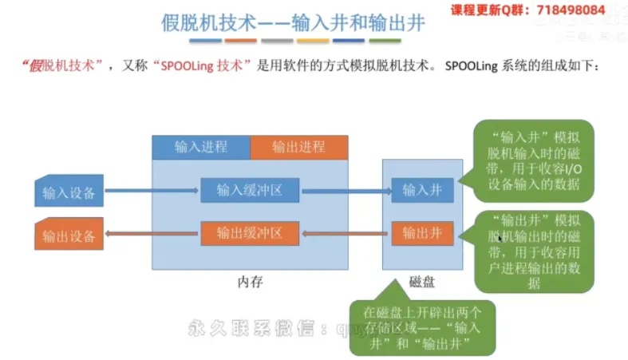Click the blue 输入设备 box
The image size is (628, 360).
click(x=69, y=192)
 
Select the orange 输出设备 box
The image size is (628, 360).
click(x=69, y=235)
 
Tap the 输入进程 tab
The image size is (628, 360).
click(x=201, y=147)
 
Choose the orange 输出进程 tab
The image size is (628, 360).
click(x=298, y=147)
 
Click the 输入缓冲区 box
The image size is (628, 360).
click(x=250, y=190)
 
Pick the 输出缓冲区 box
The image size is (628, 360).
click(x=250, y=233)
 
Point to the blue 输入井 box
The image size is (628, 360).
click(x=422, y=190)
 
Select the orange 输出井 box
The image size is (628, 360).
click(x=422, y=233)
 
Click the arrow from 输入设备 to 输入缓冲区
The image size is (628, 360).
click(x=151, y=191)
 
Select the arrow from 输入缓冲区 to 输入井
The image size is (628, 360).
click(x=346, y=191)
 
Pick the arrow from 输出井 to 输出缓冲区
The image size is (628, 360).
click(x=346, y=234)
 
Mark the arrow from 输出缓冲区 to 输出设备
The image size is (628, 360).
click(x=152, y=234)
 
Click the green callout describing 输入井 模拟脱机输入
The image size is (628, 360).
click(x=535, y=160)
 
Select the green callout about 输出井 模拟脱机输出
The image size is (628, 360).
click(x=535, y=251)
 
